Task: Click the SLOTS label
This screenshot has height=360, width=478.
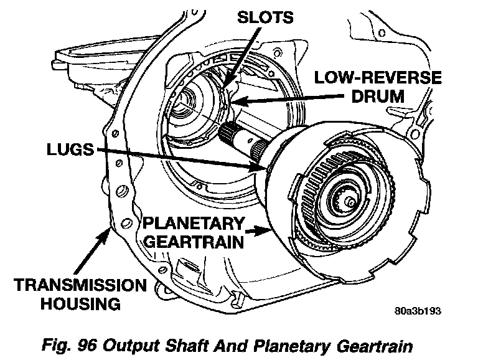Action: (x=265, y=17)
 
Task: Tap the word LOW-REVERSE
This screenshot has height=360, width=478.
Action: (x=378, y=77)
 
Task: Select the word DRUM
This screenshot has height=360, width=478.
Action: (x=378, y=96)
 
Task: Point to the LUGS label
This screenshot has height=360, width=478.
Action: (x=70, y=149)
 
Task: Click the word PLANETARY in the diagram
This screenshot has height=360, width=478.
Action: (x=194, y=224)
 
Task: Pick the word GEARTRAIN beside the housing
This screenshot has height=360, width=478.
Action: (x=194, y=242)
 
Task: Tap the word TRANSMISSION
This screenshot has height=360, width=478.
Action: (x=80, y=285)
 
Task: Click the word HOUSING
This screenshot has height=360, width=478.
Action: (x=80, y=304)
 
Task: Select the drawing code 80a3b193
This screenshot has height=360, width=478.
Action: (x=418, y=311)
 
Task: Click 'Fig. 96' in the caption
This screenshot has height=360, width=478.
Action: (x=69, y=346)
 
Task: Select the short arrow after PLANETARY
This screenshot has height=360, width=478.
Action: (x=258, y=232)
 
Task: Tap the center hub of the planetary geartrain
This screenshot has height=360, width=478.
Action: (x=350, y=202)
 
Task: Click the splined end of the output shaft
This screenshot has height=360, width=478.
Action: (x=227, y=131)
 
